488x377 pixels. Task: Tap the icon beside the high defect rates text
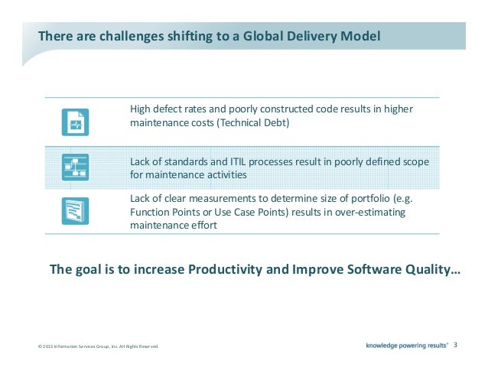[x=75, y=122]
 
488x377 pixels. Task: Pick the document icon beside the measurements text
[x=75, y=210]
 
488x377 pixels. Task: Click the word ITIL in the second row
[x=224, y=161]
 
